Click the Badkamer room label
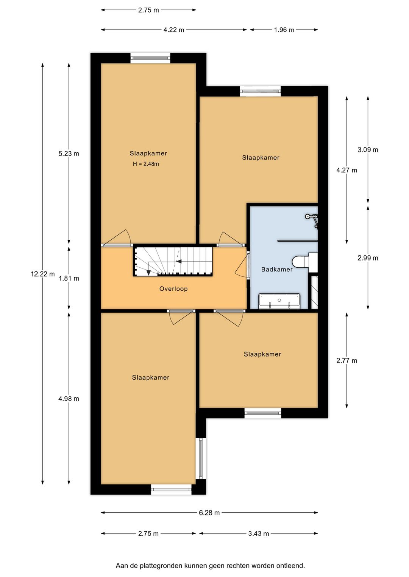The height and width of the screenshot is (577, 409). [276, 270]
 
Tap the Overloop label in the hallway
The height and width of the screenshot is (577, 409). [173, 289]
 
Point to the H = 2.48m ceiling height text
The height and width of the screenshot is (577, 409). [146, 164]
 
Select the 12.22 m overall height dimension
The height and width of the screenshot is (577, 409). [43, 274]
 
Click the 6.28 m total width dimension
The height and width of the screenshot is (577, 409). [209, 513]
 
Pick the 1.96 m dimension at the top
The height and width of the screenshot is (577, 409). [284, 30]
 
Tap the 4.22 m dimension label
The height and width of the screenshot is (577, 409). [174, 30]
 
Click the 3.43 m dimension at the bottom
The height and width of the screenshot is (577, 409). [259, 534]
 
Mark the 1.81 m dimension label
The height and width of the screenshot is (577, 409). [69, 278]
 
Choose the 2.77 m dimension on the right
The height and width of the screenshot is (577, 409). [347, 361]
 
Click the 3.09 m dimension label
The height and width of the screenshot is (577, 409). [368, 150]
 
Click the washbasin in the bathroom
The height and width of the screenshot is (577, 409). [279, 301]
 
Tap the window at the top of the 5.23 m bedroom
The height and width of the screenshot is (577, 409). [150, 58]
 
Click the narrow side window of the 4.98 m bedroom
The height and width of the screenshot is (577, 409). [201, 459]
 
